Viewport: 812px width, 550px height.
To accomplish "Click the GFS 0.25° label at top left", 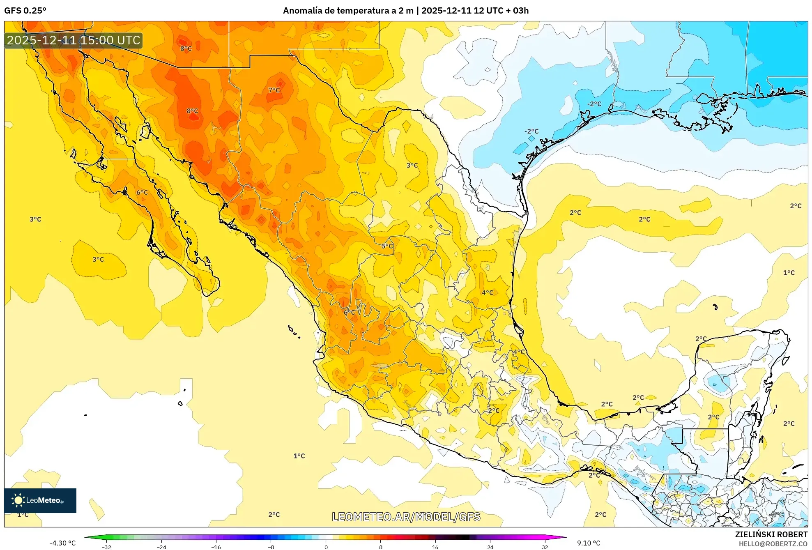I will point(25,11).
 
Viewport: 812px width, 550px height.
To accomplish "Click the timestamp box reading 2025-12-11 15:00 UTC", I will point(74,40).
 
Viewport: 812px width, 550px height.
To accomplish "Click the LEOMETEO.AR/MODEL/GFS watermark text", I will point(406,517).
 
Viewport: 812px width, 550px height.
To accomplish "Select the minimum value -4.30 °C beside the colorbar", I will point(62,543).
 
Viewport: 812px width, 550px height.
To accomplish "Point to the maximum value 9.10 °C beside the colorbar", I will point(589,543).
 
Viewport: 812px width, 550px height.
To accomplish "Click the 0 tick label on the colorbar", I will point(326,547).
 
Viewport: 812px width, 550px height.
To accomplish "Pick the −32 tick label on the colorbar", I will point(106,547).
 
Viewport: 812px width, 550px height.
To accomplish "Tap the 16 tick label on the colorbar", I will point(435,547).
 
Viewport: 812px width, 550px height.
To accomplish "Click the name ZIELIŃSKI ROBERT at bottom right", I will point(771,534).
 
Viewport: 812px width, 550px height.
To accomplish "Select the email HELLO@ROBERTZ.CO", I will point(773,544).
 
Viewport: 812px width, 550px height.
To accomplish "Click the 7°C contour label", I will point(274,90).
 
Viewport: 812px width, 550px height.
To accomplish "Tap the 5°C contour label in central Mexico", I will point(387,246).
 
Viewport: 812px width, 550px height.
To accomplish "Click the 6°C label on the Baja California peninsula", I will point(142,192).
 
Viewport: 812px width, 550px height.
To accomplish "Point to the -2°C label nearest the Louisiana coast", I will point(594,104).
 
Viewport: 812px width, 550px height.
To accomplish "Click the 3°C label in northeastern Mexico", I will point(412,165).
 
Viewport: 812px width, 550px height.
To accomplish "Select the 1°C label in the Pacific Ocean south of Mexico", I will point(299,456).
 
